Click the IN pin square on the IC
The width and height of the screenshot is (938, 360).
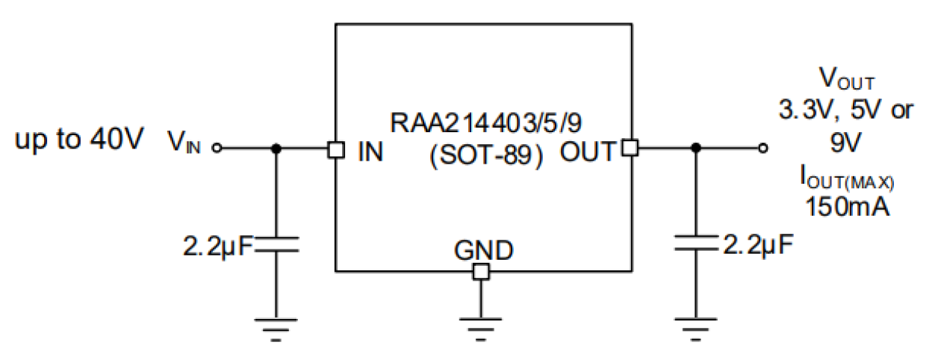335,149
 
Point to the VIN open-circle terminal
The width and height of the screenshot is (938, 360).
217,149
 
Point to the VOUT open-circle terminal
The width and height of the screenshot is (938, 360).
762,149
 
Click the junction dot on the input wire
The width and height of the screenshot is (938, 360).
276,149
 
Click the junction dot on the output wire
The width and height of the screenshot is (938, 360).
695,149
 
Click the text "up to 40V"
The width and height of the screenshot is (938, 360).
78,140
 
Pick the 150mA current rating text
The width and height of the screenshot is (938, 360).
847,206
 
